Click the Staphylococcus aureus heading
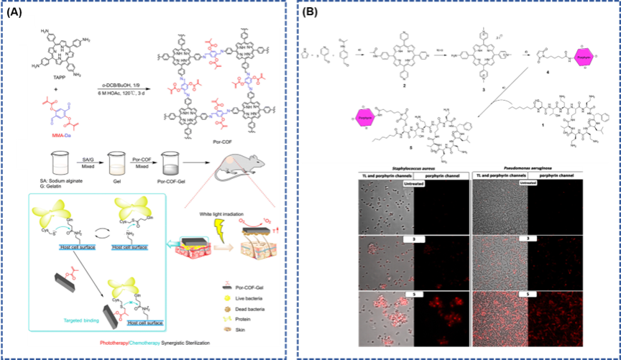[408, 170]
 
